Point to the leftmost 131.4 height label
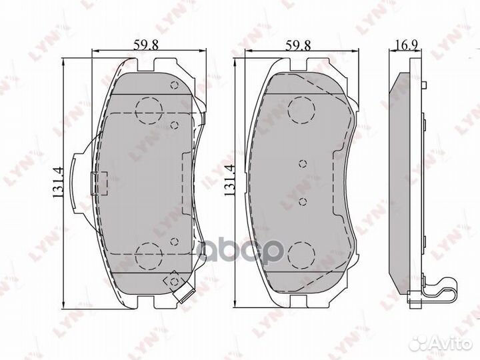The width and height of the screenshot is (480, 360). [x=59, y=183]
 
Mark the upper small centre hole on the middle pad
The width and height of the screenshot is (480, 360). [x=302, y=163]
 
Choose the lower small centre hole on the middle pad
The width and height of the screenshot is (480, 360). [x=302, y=201]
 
